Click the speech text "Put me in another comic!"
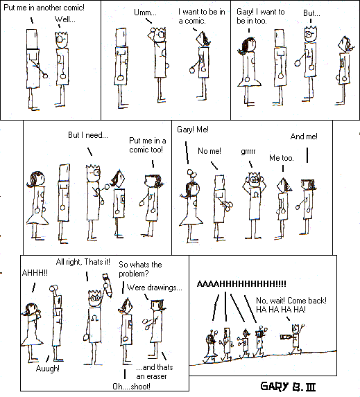tap(44, 8)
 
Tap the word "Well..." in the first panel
tap(65, 19)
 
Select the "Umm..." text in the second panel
tap(145, 12)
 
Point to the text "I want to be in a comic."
tap(202, 16)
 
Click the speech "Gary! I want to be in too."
tap(261, 16)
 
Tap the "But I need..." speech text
tap(88, 135)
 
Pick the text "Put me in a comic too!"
tap(148, 145)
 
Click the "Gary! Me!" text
tap(193, 130)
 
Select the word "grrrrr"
tap(248, 152)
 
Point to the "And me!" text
tap(304, 136)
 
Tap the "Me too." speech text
tap(282, 158)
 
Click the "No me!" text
tap(209, 151)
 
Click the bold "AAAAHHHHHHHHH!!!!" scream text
tap(241, 284)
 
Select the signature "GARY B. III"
tap(289, 387)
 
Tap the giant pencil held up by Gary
tap(108, 285)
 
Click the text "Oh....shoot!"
tap(131, 387)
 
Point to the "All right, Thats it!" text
tap(83, 262)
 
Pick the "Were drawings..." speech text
tap(155, 288)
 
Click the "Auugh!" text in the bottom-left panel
tap(48, 369)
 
